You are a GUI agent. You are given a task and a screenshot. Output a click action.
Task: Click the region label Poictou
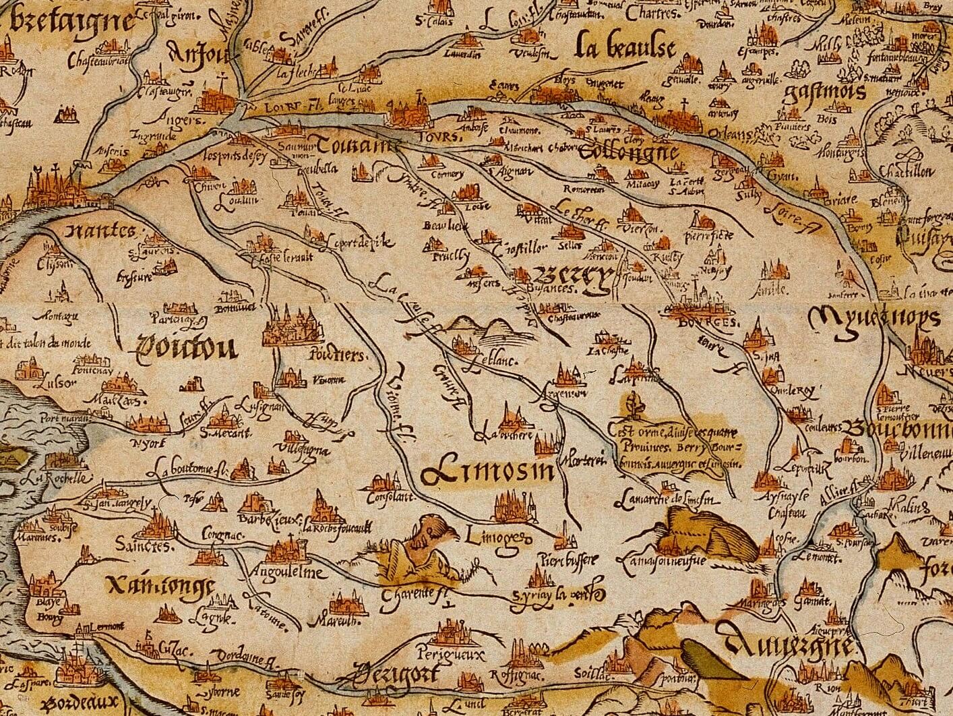click(187, 348)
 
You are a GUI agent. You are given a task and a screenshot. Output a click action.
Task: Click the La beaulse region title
click(625, 49)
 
